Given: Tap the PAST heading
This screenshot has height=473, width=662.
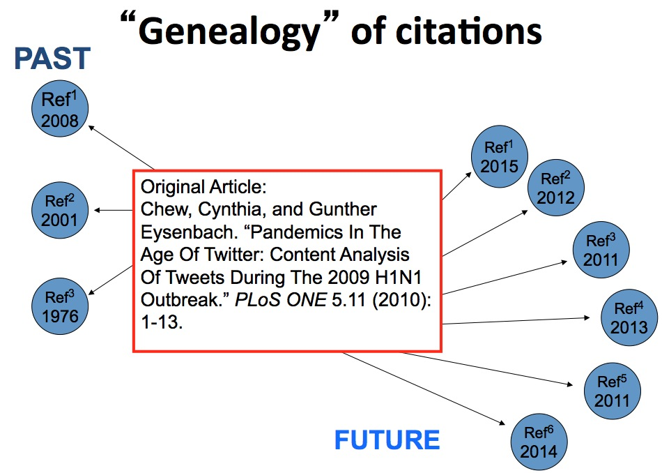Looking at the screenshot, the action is pyautogui.click(x=52, y=59).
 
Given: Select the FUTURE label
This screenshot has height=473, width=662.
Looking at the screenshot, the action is pyautogui.click(x=387, y=440).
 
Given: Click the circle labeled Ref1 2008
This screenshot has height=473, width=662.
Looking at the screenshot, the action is pyautogui.click(x=60, y=112).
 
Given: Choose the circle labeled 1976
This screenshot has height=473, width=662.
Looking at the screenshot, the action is pyautogui.click(x=60, y=306).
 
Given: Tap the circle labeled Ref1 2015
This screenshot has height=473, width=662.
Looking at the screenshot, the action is pyautogui.click(x=499, y=158).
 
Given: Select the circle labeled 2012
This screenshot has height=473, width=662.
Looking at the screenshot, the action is pyautogui.click(x=555, y=188).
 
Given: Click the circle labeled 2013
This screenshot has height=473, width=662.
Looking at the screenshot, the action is pyautogui.click(x=629, y=317).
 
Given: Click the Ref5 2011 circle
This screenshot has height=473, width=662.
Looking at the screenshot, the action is pyautogui.click(x=612, y=391).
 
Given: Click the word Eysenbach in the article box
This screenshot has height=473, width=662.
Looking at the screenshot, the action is pyautogui.click(x=180, y=230).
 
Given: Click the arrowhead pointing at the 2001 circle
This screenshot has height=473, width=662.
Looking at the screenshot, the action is pyautogui.click(x=98, y=210).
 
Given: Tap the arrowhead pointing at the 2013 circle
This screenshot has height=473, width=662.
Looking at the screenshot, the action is pyautogui.click(x=593, y=318).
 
